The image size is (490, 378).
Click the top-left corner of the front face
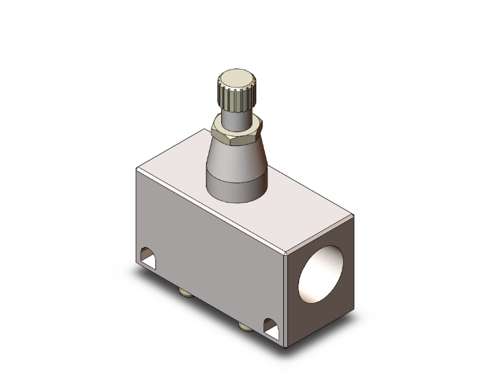pyautogui.click(x=137, y=170)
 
